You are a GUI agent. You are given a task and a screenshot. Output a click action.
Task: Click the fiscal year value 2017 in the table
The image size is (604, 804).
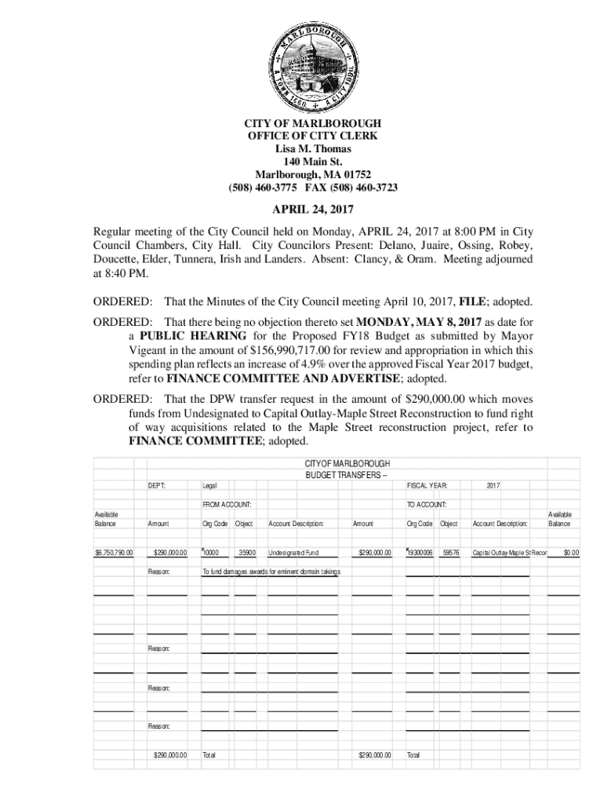click(x=493, y=486)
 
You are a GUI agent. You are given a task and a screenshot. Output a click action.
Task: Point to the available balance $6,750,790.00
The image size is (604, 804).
click(x=114, y=553)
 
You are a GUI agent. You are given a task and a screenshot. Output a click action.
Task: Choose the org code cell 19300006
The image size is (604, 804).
click(x=420, y=553)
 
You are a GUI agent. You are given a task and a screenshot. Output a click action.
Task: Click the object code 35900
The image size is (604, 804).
click(x=246, y=553)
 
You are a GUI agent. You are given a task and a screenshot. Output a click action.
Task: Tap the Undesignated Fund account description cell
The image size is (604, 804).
click(x=293, y=553)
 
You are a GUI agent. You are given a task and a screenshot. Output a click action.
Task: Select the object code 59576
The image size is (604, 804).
click(x=450, y=553)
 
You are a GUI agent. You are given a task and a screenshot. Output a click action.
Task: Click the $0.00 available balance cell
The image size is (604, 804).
click(x=570, y=553)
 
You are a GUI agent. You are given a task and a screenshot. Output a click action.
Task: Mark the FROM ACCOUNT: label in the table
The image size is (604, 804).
click(x=227, y=504)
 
